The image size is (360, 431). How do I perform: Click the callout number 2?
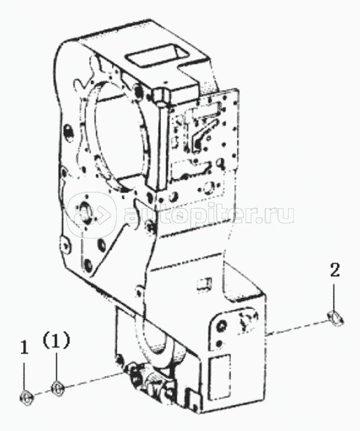[x=335, y=271]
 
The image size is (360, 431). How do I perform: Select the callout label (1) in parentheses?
[x=56, y=341]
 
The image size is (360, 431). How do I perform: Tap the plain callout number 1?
[x=25, y=348]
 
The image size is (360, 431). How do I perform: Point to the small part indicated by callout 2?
[x=335, y=318]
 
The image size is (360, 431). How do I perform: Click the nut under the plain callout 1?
[x=27, y=397]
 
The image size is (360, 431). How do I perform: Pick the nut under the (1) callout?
[x=57, y=388]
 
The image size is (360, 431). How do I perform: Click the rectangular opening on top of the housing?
[x=155, y=58]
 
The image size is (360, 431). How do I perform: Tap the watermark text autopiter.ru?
[x=209, y=215]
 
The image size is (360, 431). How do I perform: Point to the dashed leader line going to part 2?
[x=297, y=328]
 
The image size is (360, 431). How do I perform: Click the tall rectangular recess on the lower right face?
[x=219, y=376]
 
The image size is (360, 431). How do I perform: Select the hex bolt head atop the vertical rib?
[x=160, y=97]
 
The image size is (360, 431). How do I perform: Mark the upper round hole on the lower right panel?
[x=221, y=326]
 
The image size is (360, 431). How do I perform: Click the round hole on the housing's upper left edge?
[x=68, y=131]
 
